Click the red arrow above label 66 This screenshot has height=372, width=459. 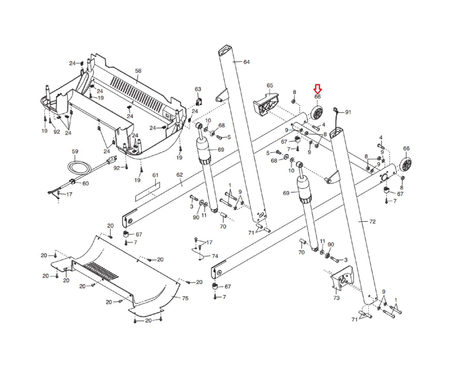(317, 89)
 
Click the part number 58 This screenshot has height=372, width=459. (138, 71)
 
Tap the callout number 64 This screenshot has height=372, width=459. (246, 62)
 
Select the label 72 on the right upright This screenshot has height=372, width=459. (372, 221)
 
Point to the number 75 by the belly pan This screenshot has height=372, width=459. (185, 298)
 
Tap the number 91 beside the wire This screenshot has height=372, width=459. (348, 112)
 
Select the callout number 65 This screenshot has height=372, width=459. (270, 85)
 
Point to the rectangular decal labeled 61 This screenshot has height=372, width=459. (147, 191)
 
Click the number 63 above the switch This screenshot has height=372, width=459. (198, 89)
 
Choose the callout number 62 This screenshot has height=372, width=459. (180, 175)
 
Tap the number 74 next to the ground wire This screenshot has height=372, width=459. (215, 256)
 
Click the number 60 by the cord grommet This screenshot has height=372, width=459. (85, 183)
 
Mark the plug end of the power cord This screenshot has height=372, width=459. (112, 160)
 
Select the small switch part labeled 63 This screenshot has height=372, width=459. (199, 101)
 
